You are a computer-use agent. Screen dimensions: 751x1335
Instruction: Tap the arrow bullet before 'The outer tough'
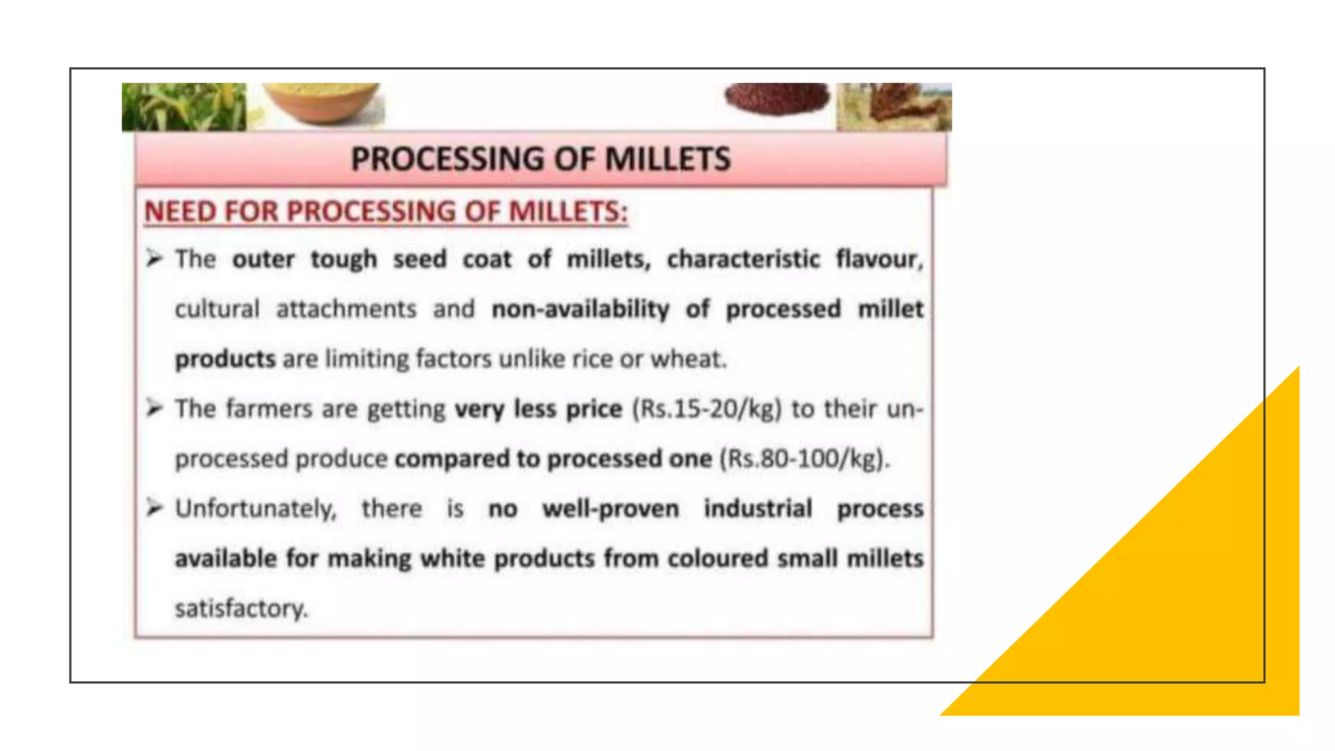point(154,259)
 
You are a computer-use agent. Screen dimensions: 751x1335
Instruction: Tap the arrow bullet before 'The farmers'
point(154,409)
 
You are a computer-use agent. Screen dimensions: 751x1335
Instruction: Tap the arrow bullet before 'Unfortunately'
point(154,508)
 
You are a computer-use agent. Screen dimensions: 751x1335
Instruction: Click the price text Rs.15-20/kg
point(706,409)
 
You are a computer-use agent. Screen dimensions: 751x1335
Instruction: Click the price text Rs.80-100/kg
point(803,458)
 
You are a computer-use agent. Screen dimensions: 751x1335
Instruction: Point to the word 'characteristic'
point(743,259)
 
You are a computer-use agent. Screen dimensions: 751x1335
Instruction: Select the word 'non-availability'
point(580,309)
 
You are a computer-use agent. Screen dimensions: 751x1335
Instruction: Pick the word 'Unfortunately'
point(256,508)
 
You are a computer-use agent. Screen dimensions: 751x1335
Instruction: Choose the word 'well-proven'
point(610,508)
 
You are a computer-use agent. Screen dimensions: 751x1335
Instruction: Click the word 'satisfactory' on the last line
point(240,608)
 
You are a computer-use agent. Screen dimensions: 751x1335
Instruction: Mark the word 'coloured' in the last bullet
point(718,559)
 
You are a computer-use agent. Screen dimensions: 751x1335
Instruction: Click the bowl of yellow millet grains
point(321,102)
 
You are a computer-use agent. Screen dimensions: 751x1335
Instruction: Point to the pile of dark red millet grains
point(777,99)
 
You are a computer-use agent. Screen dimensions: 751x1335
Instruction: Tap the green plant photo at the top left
point(184,107)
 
